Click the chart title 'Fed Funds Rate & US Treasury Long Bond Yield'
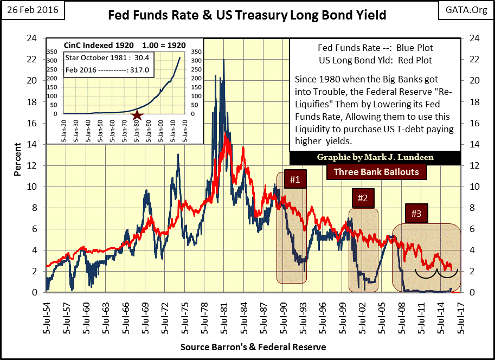point(247,15)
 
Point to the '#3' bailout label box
point(416,213)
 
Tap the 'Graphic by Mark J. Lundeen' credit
point(375,158)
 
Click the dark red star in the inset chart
point(138,115)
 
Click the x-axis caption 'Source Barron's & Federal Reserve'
point(247,347)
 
